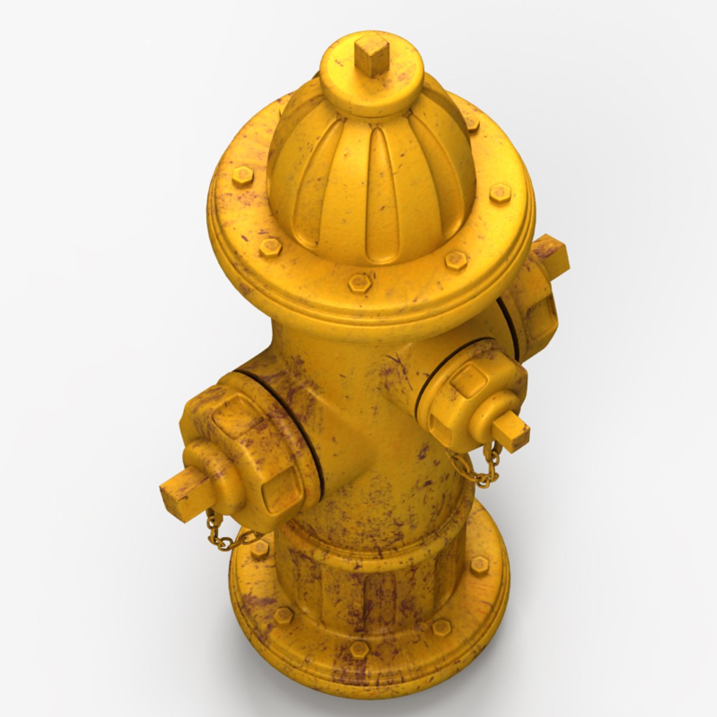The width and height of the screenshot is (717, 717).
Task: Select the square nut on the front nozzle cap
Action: [x=511, y=430]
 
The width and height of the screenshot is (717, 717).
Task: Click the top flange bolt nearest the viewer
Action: [x=359, y=283]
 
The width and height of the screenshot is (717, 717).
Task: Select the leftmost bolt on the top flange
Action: [x=242, y=177]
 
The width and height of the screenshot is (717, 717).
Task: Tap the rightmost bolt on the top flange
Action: [x=500, y=193]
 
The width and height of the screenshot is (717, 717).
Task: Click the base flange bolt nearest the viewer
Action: [x=359, y=649]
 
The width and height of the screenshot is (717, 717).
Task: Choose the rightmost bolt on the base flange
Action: [x=479, y=565]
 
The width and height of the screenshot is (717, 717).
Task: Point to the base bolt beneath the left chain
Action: [x=260, y=548]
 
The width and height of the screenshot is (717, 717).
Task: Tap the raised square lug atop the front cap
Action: [x=469, y=380]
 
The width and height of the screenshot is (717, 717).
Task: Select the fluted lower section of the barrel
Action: [x=372, y=584]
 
